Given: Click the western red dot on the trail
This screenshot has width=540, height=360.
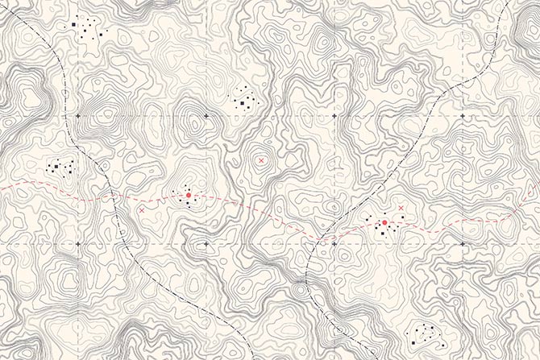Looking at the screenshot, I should coord(188,195).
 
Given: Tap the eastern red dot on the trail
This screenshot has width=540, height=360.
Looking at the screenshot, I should coord(384,222).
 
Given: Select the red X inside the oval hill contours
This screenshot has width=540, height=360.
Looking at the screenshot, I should coord(260,161).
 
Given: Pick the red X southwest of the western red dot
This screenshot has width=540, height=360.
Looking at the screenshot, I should coord(142,210).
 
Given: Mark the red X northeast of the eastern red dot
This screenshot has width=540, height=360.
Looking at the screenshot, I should coord(401,209).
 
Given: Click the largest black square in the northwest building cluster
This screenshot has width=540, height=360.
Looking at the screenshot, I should coord(73,24).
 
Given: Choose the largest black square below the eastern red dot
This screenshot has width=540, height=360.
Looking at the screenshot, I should coord(382,232).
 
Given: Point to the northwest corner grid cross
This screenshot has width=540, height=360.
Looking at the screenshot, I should coord(77,117).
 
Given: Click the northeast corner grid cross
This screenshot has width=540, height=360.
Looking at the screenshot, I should coord(462,117).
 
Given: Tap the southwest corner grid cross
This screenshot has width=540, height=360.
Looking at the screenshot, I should coord(77,243).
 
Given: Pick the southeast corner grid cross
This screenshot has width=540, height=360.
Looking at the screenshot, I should coord(462,243).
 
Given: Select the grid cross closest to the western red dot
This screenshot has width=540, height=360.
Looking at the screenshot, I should coord(206,243).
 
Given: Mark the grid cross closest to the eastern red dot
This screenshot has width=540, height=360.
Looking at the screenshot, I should coord(334,243).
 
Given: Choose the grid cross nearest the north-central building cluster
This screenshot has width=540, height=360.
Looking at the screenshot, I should coord(206,117).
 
